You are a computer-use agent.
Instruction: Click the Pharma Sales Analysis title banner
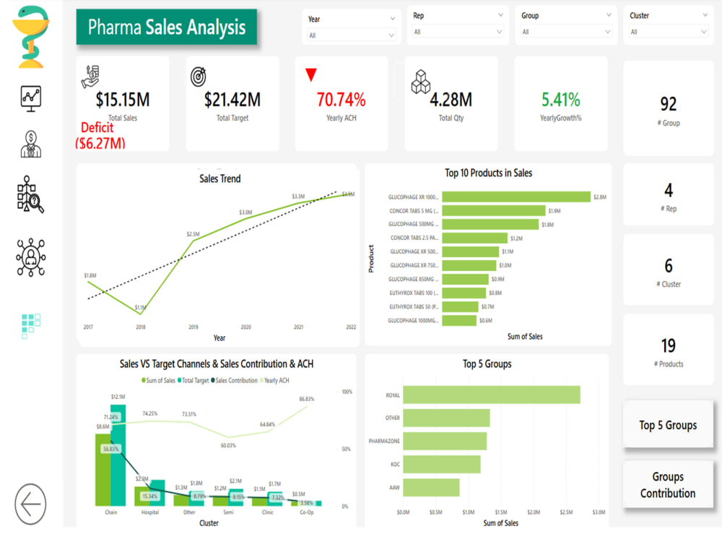(167, 27)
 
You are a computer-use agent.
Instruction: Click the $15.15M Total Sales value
(123, 99)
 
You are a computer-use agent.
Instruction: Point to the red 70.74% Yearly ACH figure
(341, 99)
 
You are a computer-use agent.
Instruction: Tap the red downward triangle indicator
(311, 75)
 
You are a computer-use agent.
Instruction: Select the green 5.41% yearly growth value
(561, 99)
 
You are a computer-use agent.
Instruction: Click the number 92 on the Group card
(668, 104)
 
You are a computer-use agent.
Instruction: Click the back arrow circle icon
(30, 504)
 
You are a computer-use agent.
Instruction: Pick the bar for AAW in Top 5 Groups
(431, 488)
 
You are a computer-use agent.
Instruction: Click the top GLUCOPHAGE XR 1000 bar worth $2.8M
(516, 197)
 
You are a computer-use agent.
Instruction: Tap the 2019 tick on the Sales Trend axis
(193, 327)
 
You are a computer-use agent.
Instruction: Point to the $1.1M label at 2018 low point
(140, 307)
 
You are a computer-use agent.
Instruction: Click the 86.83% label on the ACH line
(307, 399)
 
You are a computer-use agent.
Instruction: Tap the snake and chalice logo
(31, 36)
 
